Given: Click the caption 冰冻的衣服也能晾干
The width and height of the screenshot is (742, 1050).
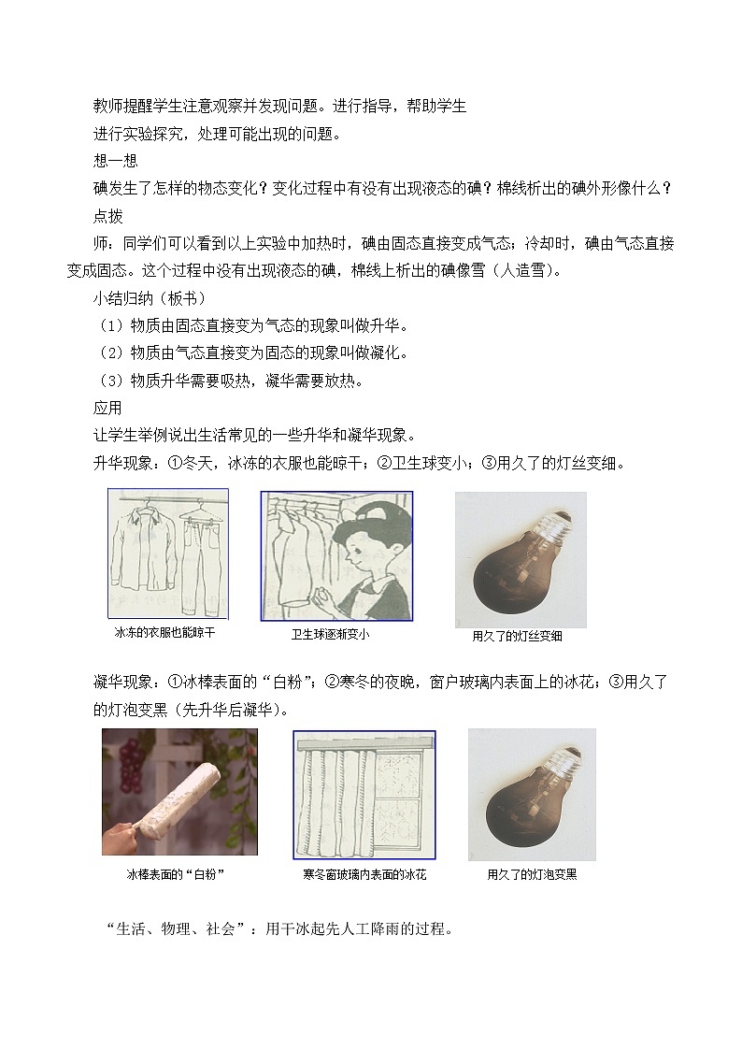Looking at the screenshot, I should [164, 633].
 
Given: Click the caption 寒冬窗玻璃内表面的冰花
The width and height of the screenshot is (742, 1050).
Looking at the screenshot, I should [364, 874].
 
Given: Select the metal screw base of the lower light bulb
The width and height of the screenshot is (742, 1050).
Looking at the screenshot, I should [566, 758].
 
